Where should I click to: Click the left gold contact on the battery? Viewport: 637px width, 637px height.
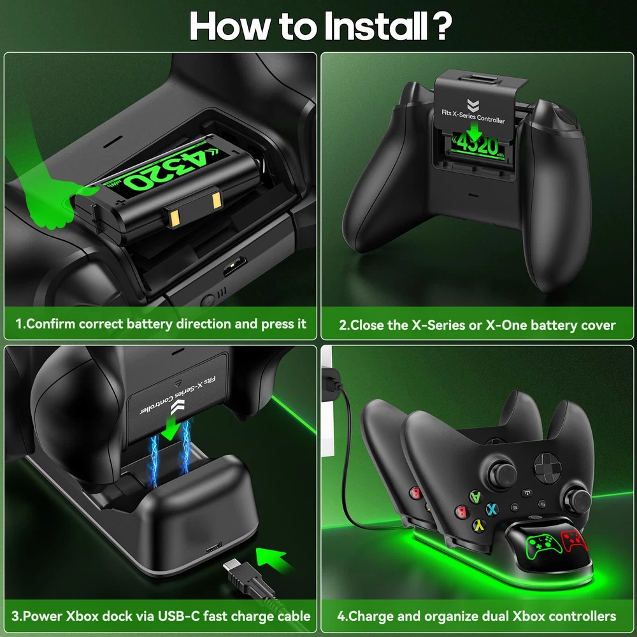[175, 218]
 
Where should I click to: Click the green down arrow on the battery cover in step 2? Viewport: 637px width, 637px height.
[474, 132]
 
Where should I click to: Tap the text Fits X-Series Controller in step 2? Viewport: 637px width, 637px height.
[473, 117]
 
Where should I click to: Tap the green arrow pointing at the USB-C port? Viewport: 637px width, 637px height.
[272, 559]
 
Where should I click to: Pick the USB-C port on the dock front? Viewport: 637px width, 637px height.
[213, 548]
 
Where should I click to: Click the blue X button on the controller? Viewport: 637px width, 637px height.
[492, 509]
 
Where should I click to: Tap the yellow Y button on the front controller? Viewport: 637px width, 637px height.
[480, 526]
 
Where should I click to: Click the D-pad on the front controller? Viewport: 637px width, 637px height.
[547, 468]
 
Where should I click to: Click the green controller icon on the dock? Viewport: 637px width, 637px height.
[544, 546]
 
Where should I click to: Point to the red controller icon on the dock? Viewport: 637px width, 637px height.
[575, 540]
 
